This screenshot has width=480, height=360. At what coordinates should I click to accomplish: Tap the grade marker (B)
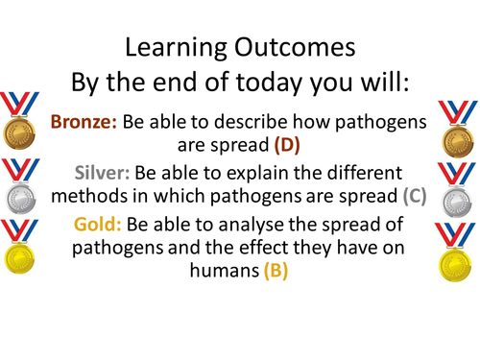tap(271, 273)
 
